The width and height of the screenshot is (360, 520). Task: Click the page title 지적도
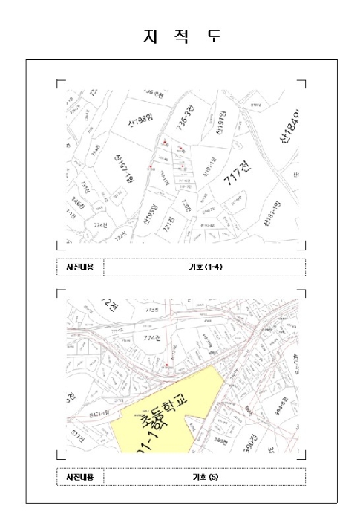tap(181, 36)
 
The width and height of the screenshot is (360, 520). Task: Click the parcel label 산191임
tap(220, 127)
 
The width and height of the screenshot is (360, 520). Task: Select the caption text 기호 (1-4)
tap(201, 267)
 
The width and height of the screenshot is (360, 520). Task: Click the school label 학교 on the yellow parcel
tap(175, 409)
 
